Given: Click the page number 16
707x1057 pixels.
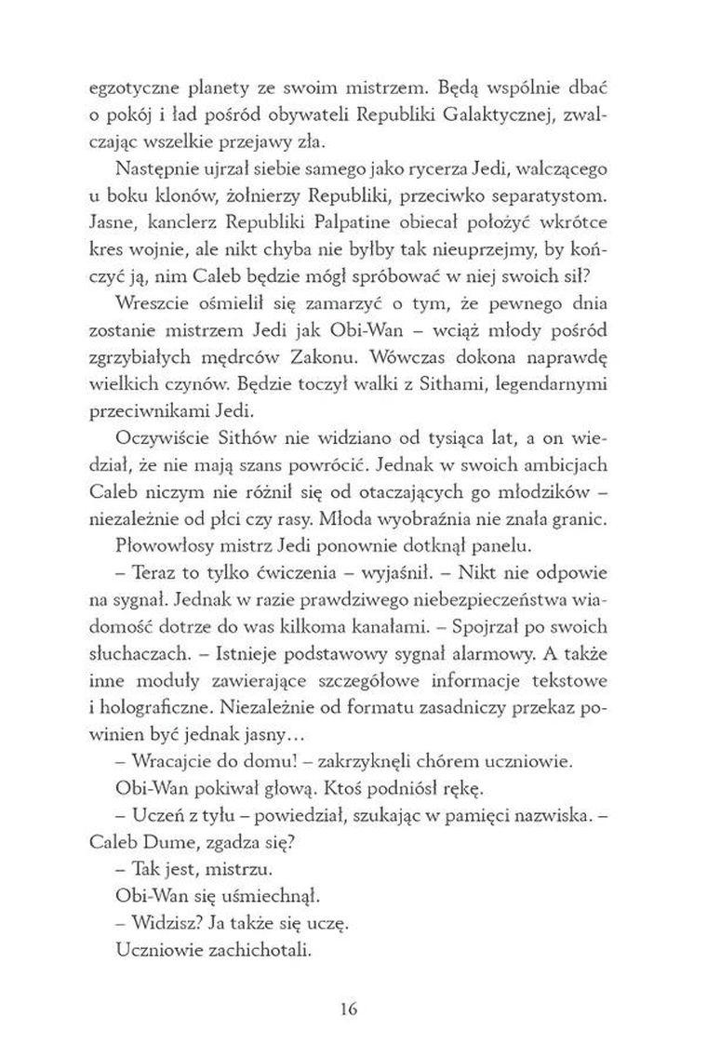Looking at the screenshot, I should point(353,1009).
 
